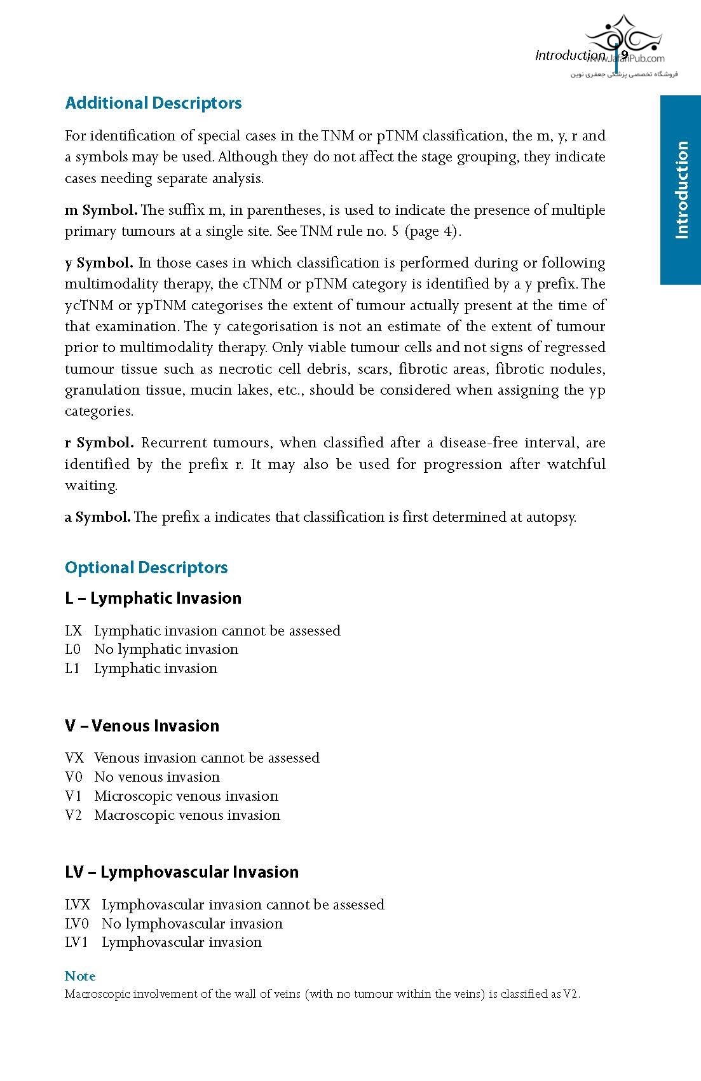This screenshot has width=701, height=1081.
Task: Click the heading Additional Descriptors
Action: (153, 103)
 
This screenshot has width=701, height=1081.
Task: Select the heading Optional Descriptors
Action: (146, 568)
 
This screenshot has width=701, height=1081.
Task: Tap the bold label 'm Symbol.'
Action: (100, 210)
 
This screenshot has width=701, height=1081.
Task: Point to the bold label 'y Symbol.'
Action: (99, 263)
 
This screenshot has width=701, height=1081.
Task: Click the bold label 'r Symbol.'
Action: (99, 443)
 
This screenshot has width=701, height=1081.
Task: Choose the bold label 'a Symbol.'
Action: (97, 517)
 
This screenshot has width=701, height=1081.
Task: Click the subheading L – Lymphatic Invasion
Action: (153, 598)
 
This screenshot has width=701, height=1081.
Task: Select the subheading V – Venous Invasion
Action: (142, 726)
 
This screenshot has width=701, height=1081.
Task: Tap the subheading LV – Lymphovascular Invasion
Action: (182, 872)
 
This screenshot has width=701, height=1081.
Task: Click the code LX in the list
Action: (74, 630)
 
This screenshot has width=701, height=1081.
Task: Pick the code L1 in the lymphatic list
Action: (72, 669)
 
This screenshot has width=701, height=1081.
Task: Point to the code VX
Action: (74, 758)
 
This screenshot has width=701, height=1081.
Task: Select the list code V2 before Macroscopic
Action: (74, 815)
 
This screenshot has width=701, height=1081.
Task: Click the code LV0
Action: (77, 923)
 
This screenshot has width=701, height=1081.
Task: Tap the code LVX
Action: (78, 904)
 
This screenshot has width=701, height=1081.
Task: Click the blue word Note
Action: (80, 976)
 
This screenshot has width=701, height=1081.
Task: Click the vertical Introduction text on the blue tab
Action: (681, 189)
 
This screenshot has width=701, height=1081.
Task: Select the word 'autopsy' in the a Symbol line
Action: (550, 517)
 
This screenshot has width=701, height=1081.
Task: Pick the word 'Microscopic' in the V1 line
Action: (132, 796)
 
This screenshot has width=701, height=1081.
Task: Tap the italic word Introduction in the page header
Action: (570, 55)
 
